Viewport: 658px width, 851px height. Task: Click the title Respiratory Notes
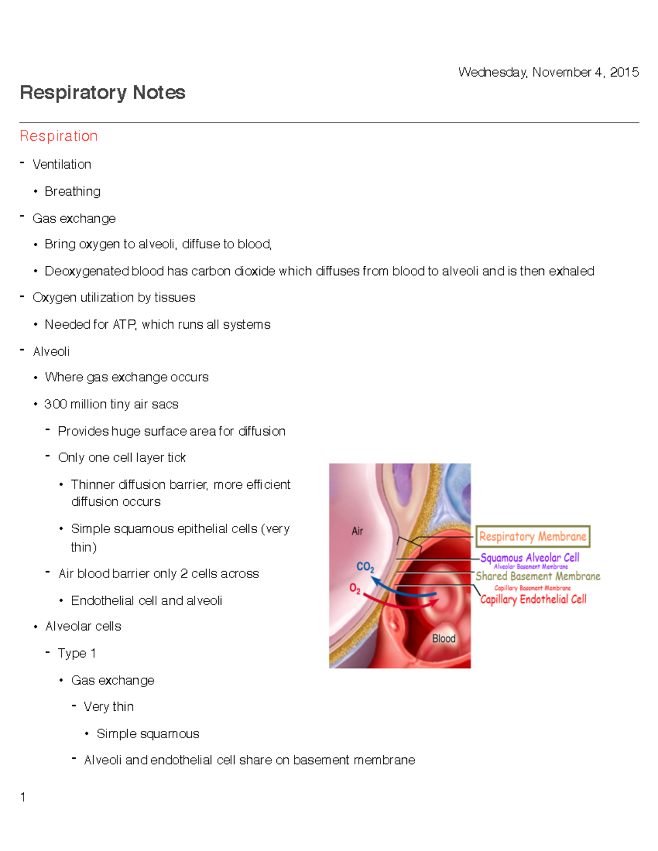[103, 93]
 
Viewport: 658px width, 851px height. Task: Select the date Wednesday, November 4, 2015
[548, 72]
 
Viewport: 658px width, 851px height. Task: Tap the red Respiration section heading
[59, 136]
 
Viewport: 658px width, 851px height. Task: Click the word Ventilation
[62, 164]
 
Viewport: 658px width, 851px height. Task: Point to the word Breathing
[72, 191]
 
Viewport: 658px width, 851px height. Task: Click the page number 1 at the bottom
[23, 797]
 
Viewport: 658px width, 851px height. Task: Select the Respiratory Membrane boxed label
[532, 536]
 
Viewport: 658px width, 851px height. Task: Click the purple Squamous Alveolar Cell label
[530, 557]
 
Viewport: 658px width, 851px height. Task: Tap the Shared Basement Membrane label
[537, 576]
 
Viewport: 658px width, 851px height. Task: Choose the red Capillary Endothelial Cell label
[533, 599]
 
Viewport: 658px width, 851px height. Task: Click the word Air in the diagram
[358, 531]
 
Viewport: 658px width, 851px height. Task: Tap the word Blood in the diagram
[444, 638]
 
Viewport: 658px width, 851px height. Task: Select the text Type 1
[77, 653]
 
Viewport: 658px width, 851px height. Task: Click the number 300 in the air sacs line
[55, 404]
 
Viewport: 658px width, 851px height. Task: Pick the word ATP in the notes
[124, 324]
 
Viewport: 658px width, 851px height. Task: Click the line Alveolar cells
[83, 626]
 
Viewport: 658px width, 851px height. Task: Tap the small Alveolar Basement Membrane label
[531, 567]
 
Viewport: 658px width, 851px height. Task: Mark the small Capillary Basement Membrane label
[532, 588]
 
